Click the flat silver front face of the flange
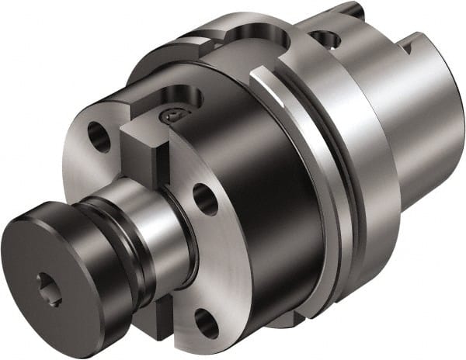(x=210, y=256)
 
